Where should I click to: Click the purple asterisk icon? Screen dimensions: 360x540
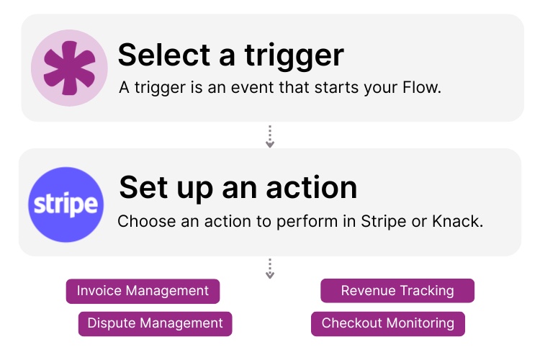[x=69, y=68]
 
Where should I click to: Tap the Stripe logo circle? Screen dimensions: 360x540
[x=66, y=204]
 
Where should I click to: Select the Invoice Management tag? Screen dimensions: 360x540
[x=143, y=291]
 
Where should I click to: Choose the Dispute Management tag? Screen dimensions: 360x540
[x=155, y=323]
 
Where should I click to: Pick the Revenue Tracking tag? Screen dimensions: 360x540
[x=397, y=291]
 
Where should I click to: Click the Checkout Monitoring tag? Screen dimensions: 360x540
[x=388, y=323]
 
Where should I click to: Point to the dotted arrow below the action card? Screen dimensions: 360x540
[x=270, y=269]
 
